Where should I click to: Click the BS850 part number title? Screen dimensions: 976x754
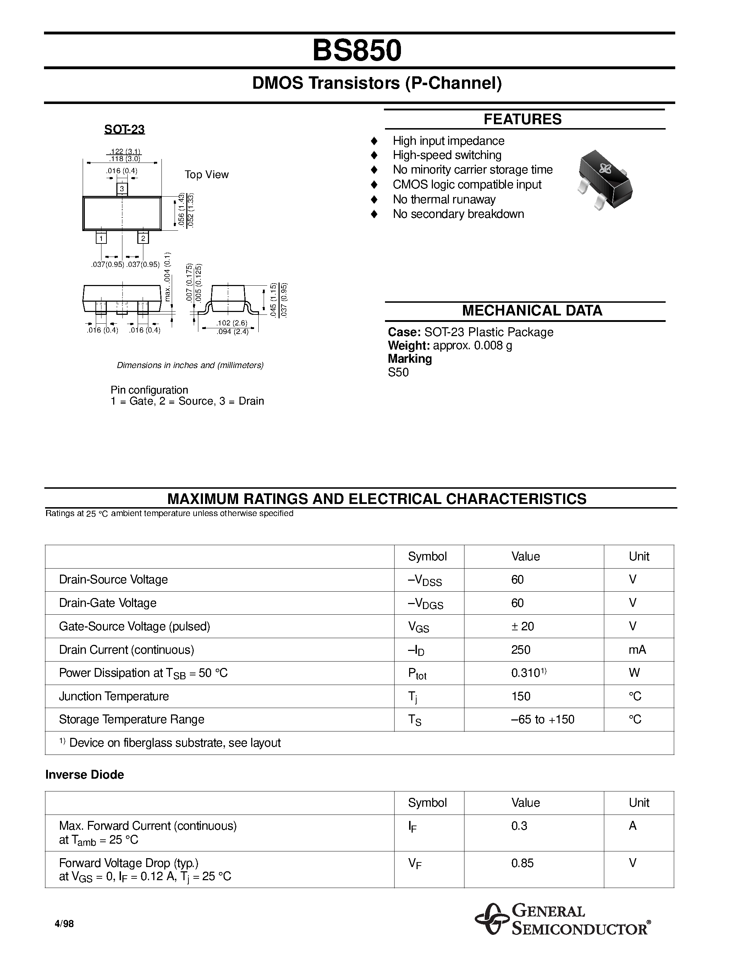[357, 50]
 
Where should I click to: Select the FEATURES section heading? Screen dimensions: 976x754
[522, 119]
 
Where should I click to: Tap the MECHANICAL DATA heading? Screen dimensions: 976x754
[532, 311]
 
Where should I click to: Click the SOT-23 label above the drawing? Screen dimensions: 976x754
[124, 129]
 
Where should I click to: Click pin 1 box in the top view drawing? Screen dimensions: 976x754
[101, 238]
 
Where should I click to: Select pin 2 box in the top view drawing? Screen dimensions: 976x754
[143, 238]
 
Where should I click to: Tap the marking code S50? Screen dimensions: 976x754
[398, 372]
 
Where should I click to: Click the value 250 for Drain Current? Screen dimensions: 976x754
[521, 650]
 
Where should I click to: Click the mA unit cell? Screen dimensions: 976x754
[637, 650]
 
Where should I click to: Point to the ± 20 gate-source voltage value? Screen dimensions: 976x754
[523, 626]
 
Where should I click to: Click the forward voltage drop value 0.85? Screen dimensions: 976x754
[522, 863]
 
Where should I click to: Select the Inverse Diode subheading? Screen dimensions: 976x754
[84, 774]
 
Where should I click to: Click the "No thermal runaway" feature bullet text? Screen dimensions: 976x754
[444, 199]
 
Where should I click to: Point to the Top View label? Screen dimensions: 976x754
[207, 175]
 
